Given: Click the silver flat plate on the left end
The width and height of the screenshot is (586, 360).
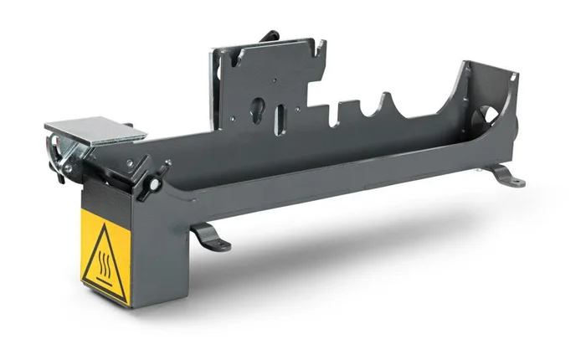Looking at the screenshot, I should coord(94,129).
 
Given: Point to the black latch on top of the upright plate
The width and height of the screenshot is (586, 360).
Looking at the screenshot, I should coord(270,36).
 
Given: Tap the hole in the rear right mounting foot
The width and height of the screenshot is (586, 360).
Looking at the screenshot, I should coord(516,181).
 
